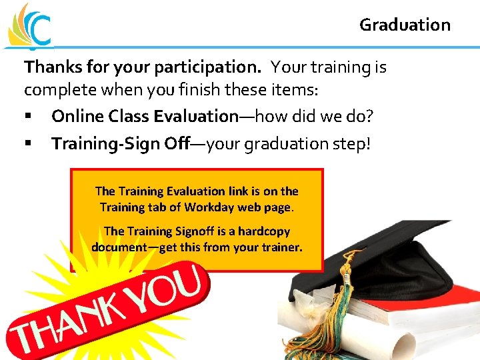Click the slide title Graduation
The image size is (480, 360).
(x=405, y=25)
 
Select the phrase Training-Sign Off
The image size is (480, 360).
(x=120, y=144)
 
